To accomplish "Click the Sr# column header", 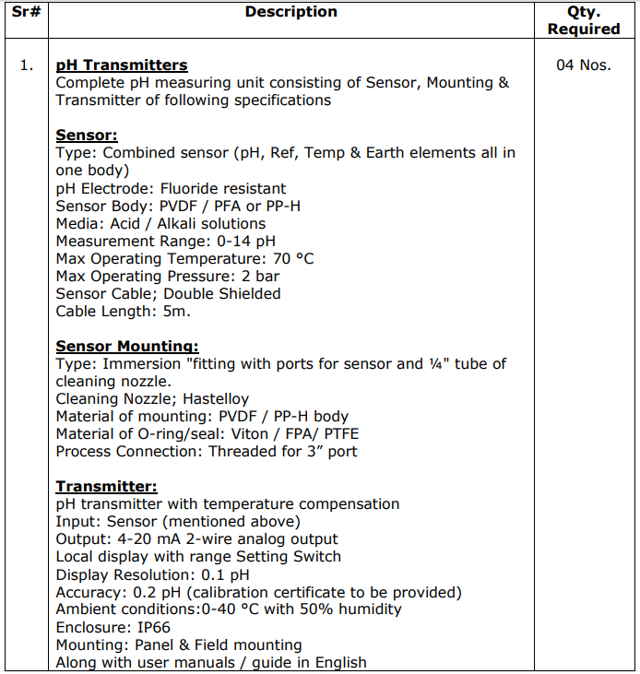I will point(26,12).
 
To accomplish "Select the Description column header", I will point(290,12).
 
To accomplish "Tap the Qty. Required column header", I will point(584,20).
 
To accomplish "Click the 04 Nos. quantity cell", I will point(583,65).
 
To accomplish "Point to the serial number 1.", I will point(27,65).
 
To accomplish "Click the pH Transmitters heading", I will point(122,65).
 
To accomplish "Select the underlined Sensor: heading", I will point(87,136).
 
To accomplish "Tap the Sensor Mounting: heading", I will point(127,347).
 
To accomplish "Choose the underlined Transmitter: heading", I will point(106,487).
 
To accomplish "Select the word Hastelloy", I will point(209,399).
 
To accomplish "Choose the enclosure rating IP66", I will point(149,627).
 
